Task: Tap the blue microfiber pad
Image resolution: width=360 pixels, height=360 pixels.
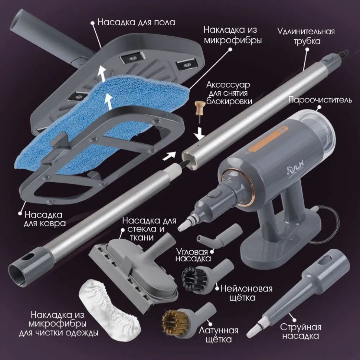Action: [x=93, y=119]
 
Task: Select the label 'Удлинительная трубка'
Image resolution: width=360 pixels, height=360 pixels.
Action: [x=306, y=36]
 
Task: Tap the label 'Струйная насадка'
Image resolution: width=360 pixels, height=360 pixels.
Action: [x=300, y=331]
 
